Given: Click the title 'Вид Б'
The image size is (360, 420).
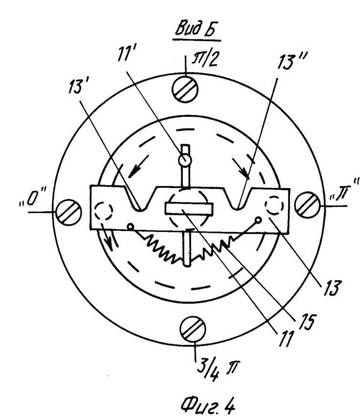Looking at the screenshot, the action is (196, 29).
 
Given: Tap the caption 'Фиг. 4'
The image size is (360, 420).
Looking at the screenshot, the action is (207, 406).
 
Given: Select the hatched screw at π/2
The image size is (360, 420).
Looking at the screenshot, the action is (185, 89).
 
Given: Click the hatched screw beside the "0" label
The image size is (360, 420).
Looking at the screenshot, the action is (68, 213).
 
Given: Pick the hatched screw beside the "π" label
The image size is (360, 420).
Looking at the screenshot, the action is (307, 205).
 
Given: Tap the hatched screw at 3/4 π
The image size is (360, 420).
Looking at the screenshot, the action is (193, 329).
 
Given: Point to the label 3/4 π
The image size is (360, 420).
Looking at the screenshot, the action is (217, 370).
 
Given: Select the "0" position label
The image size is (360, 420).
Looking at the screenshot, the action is (32, 197).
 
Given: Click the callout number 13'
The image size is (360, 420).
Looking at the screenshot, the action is (77, 86).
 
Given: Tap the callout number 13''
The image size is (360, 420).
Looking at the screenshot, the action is (292, 61).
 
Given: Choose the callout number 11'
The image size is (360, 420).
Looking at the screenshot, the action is (127, 55).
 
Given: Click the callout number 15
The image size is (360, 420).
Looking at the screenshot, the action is (308, 322).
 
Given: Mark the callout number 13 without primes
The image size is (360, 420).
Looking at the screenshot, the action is (332, 288).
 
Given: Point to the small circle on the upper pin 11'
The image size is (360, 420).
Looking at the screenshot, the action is (184, 160).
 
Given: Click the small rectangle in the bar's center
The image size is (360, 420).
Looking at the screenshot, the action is (189, 209).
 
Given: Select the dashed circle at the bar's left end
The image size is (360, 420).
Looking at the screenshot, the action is (104, 211).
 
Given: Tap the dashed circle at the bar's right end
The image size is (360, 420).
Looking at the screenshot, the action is (274, 205).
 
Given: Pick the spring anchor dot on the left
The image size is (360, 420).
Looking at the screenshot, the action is (130, 227).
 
